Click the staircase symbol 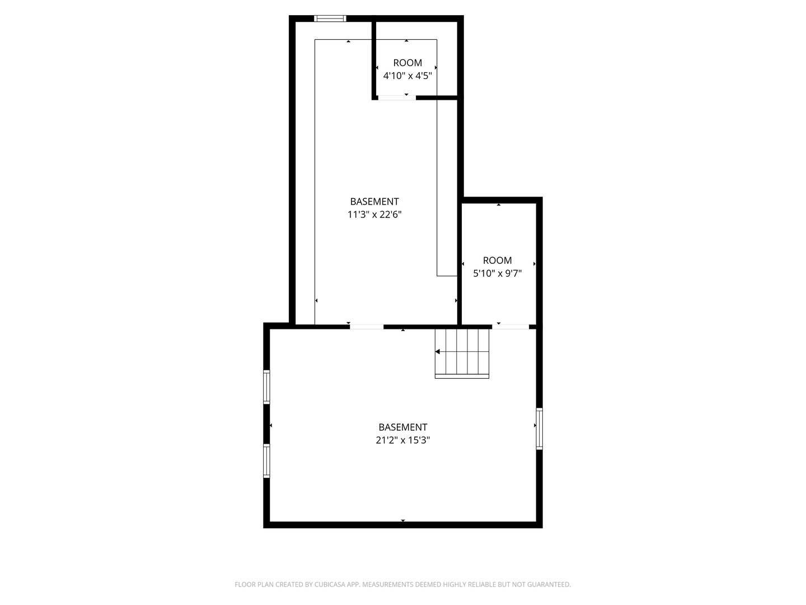coord(462,353)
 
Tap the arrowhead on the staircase coord(437,352)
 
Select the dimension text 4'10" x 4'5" coord(407,76)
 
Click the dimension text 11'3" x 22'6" coord(374,215)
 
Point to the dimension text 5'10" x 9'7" coord(497,273)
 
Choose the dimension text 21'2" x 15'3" coord(403,440)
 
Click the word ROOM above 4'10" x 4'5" coord(407,63)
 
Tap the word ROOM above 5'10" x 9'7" coord(497,260)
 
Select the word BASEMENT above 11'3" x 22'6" coord(374,202)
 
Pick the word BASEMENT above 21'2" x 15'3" coord(403,427)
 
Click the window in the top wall coord(330,18)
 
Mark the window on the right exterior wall coord(540,429)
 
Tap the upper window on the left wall coord(266,387)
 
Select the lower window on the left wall coord(266,461)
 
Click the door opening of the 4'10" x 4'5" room coord(397,97)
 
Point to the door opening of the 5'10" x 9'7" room coord(510,327)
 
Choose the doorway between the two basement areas coord(367,327)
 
